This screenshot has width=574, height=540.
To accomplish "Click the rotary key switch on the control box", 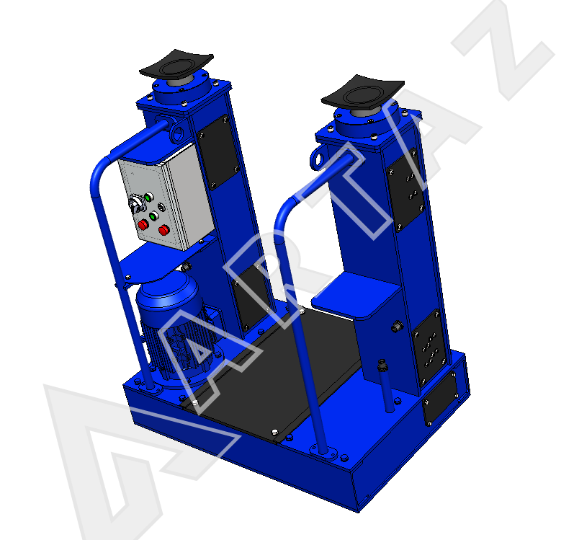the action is point(136,204).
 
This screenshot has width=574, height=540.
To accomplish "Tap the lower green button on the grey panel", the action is point(153,216).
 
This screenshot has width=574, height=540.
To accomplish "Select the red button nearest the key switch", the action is point(143,224).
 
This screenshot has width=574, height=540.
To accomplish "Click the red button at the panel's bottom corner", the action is point(163,231).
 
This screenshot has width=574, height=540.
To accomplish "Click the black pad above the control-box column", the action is point(176,63).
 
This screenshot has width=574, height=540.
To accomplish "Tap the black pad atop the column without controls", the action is point(362,91).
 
